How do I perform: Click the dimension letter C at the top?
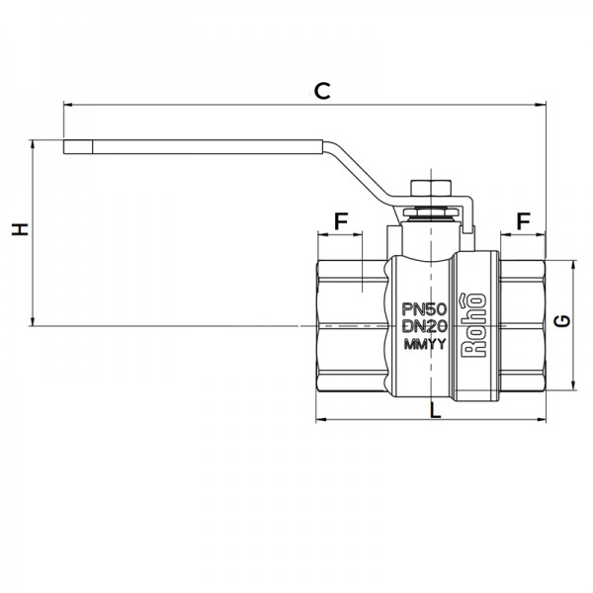[x=321, y=90]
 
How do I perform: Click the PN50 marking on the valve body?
[x=425, y=309]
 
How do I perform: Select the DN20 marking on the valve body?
[x=425, y=327]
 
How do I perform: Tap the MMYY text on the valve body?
[x=425, y=345]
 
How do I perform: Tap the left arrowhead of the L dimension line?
[x=320, y=421]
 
